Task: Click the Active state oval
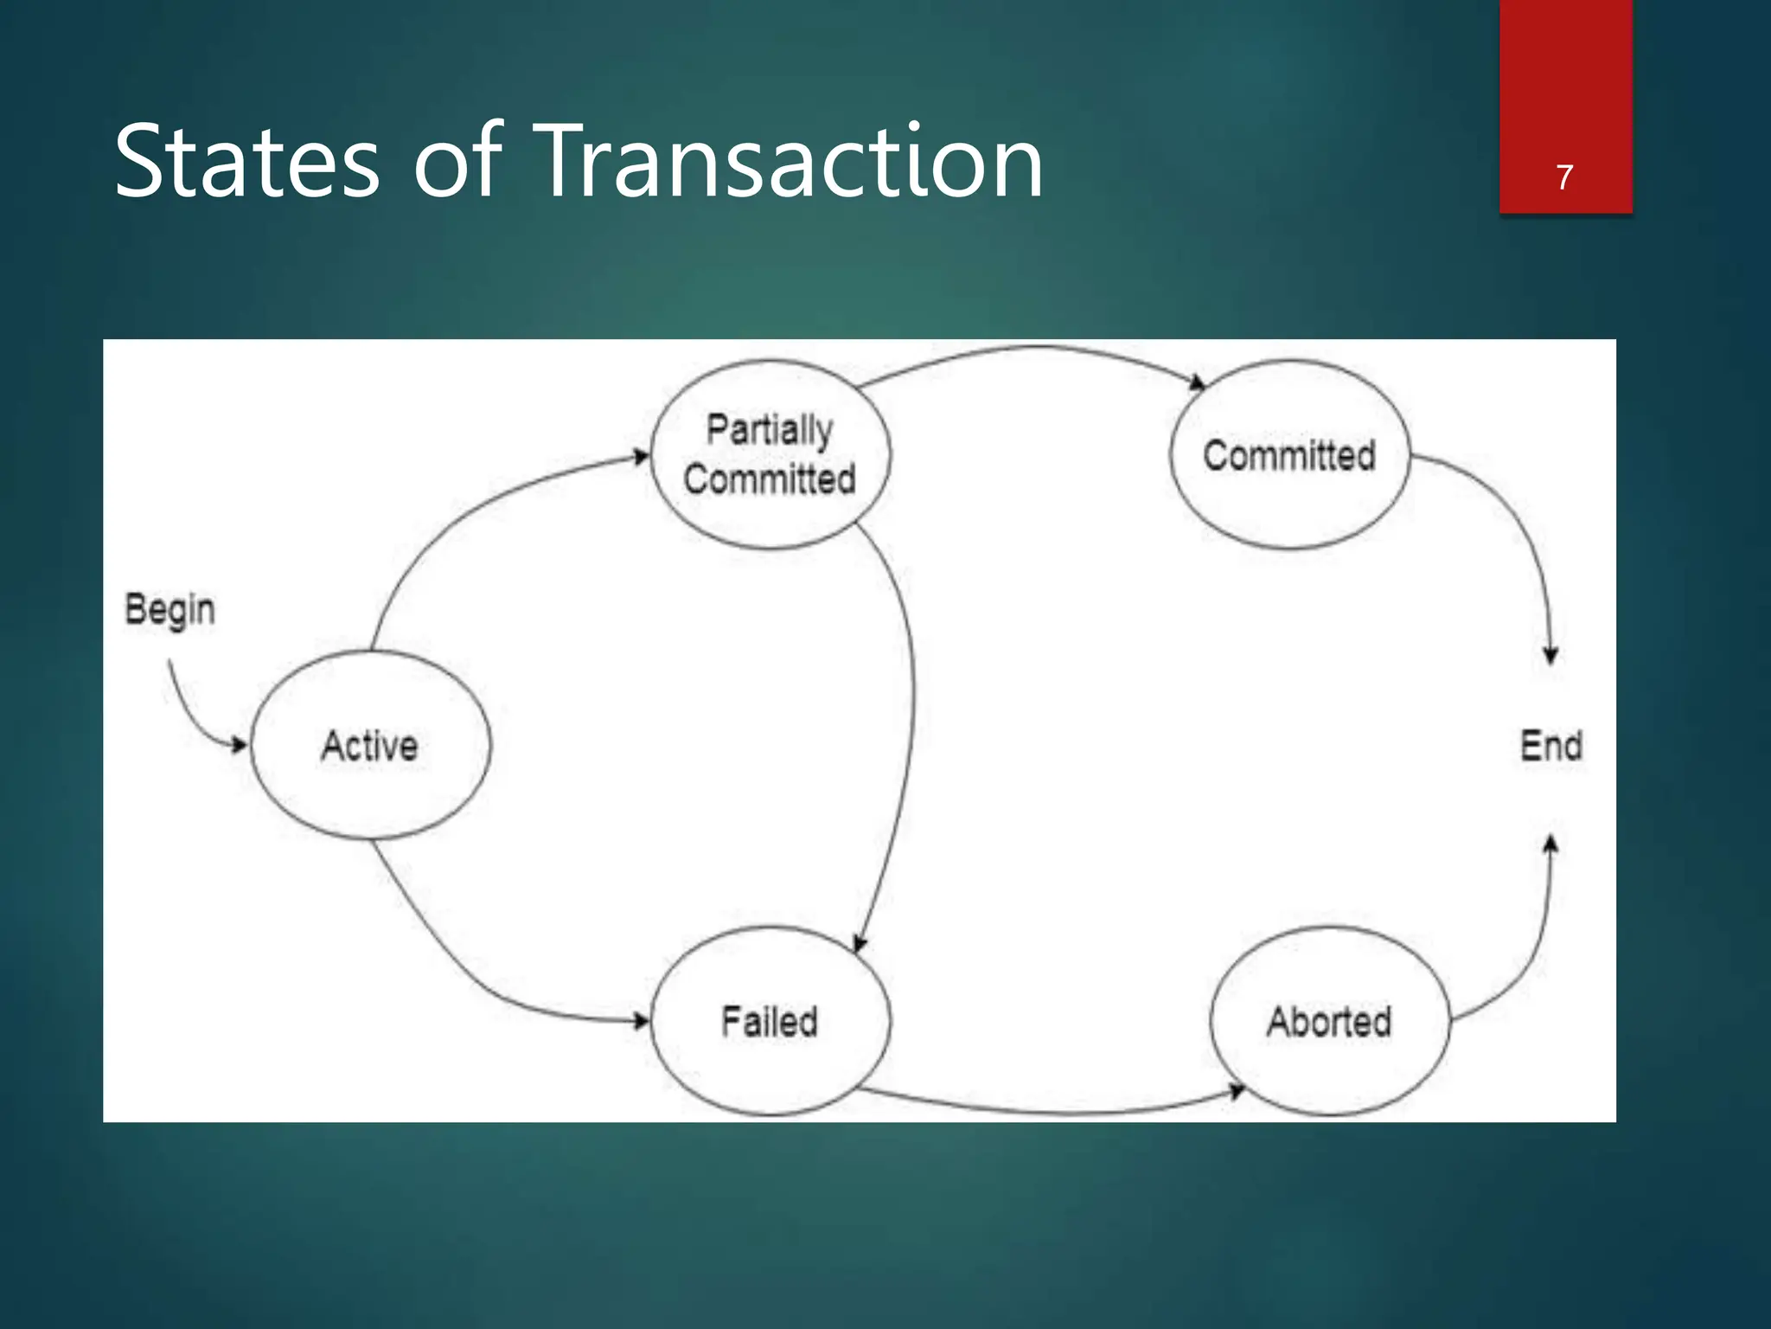tap(370, 745)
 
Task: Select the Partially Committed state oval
tap(770, 455)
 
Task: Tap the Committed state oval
tap(1289, 455)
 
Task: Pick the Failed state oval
tap(770, 1021)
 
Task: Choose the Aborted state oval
tap(1330, 1021)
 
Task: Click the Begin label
tap(169, 610)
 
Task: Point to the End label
tap(1551, 746)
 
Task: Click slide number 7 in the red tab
tap(1564, 177)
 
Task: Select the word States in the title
tap(246, 162)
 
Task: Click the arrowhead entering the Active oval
tap(240, 744)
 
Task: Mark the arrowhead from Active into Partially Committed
tap(641, 457)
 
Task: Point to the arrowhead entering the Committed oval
tap(1198, 382)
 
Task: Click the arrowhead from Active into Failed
tap(641, 1021)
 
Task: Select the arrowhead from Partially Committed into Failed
tap(860, 944)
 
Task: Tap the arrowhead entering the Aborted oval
tap(1237, 1091)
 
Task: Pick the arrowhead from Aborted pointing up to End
tap(1551, 843)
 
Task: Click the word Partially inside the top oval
tap(770, 430)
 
